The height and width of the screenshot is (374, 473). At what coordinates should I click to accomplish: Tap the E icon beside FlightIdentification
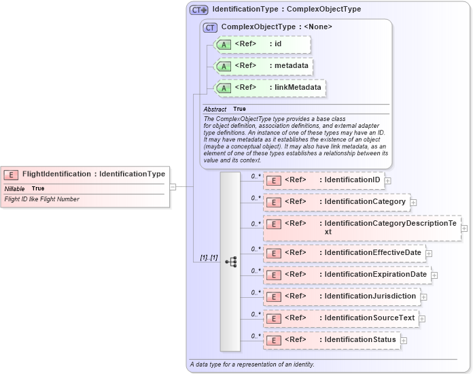12,175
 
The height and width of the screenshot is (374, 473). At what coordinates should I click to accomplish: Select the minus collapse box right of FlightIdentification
173,186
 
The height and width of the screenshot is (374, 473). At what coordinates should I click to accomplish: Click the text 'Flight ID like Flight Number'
42,199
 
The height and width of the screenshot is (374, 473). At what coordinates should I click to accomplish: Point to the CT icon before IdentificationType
198,10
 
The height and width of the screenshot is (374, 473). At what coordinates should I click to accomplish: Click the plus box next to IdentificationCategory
413,203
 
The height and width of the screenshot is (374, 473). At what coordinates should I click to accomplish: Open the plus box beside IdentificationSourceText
422,318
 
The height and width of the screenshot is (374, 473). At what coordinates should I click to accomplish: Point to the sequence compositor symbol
230,261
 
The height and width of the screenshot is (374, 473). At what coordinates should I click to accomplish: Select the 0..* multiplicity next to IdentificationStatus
256,336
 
